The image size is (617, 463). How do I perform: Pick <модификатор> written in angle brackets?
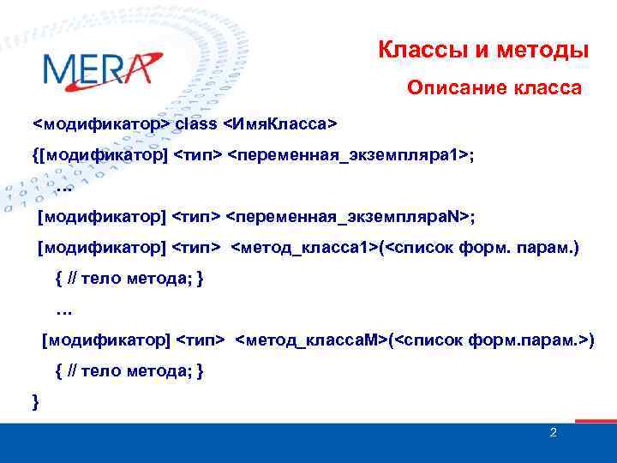pos(101,124)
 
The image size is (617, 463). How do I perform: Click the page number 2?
pos(553,434)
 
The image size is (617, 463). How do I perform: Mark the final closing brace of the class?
pos(34,401)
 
